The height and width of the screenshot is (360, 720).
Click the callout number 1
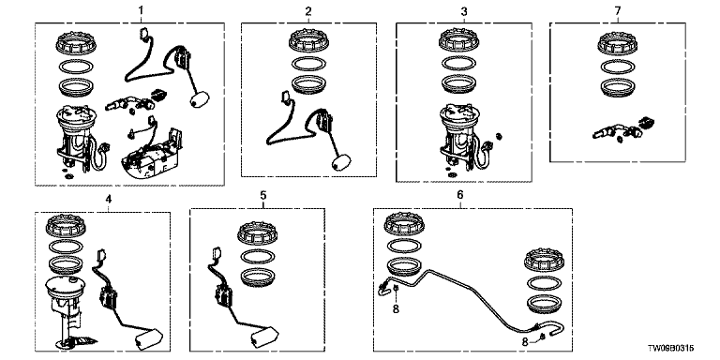pos(141,9)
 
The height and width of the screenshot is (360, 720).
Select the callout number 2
pos(308,11)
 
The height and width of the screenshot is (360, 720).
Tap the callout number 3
pos(464,11)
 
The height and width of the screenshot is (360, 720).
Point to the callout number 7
pos(618,10)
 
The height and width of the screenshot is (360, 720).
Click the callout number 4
pos(109,200)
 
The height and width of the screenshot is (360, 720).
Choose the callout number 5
pos(263,196)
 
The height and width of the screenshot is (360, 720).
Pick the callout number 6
pos(460,195)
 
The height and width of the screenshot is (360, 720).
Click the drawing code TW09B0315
pos(671,349)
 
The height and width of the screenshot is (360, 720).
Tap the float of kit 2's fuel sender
pos(340,162)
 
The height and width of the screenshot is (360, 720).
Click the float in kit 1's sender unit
pos(200,98)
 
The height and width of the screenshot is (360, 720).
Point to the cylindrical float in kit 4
pos(149,339)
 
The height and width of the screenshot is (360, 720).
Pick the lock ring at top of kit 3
pos(459,40)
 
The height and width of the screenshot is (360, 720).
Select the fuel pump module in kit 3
pos(461,139)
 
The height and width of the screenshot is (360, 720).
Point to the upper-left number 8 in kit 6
pos(396,309)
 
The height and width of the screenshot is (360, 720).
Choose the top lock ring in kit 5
pos(257,234)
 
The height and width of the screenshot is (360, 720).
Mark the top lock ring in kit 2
pos(308,42)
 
